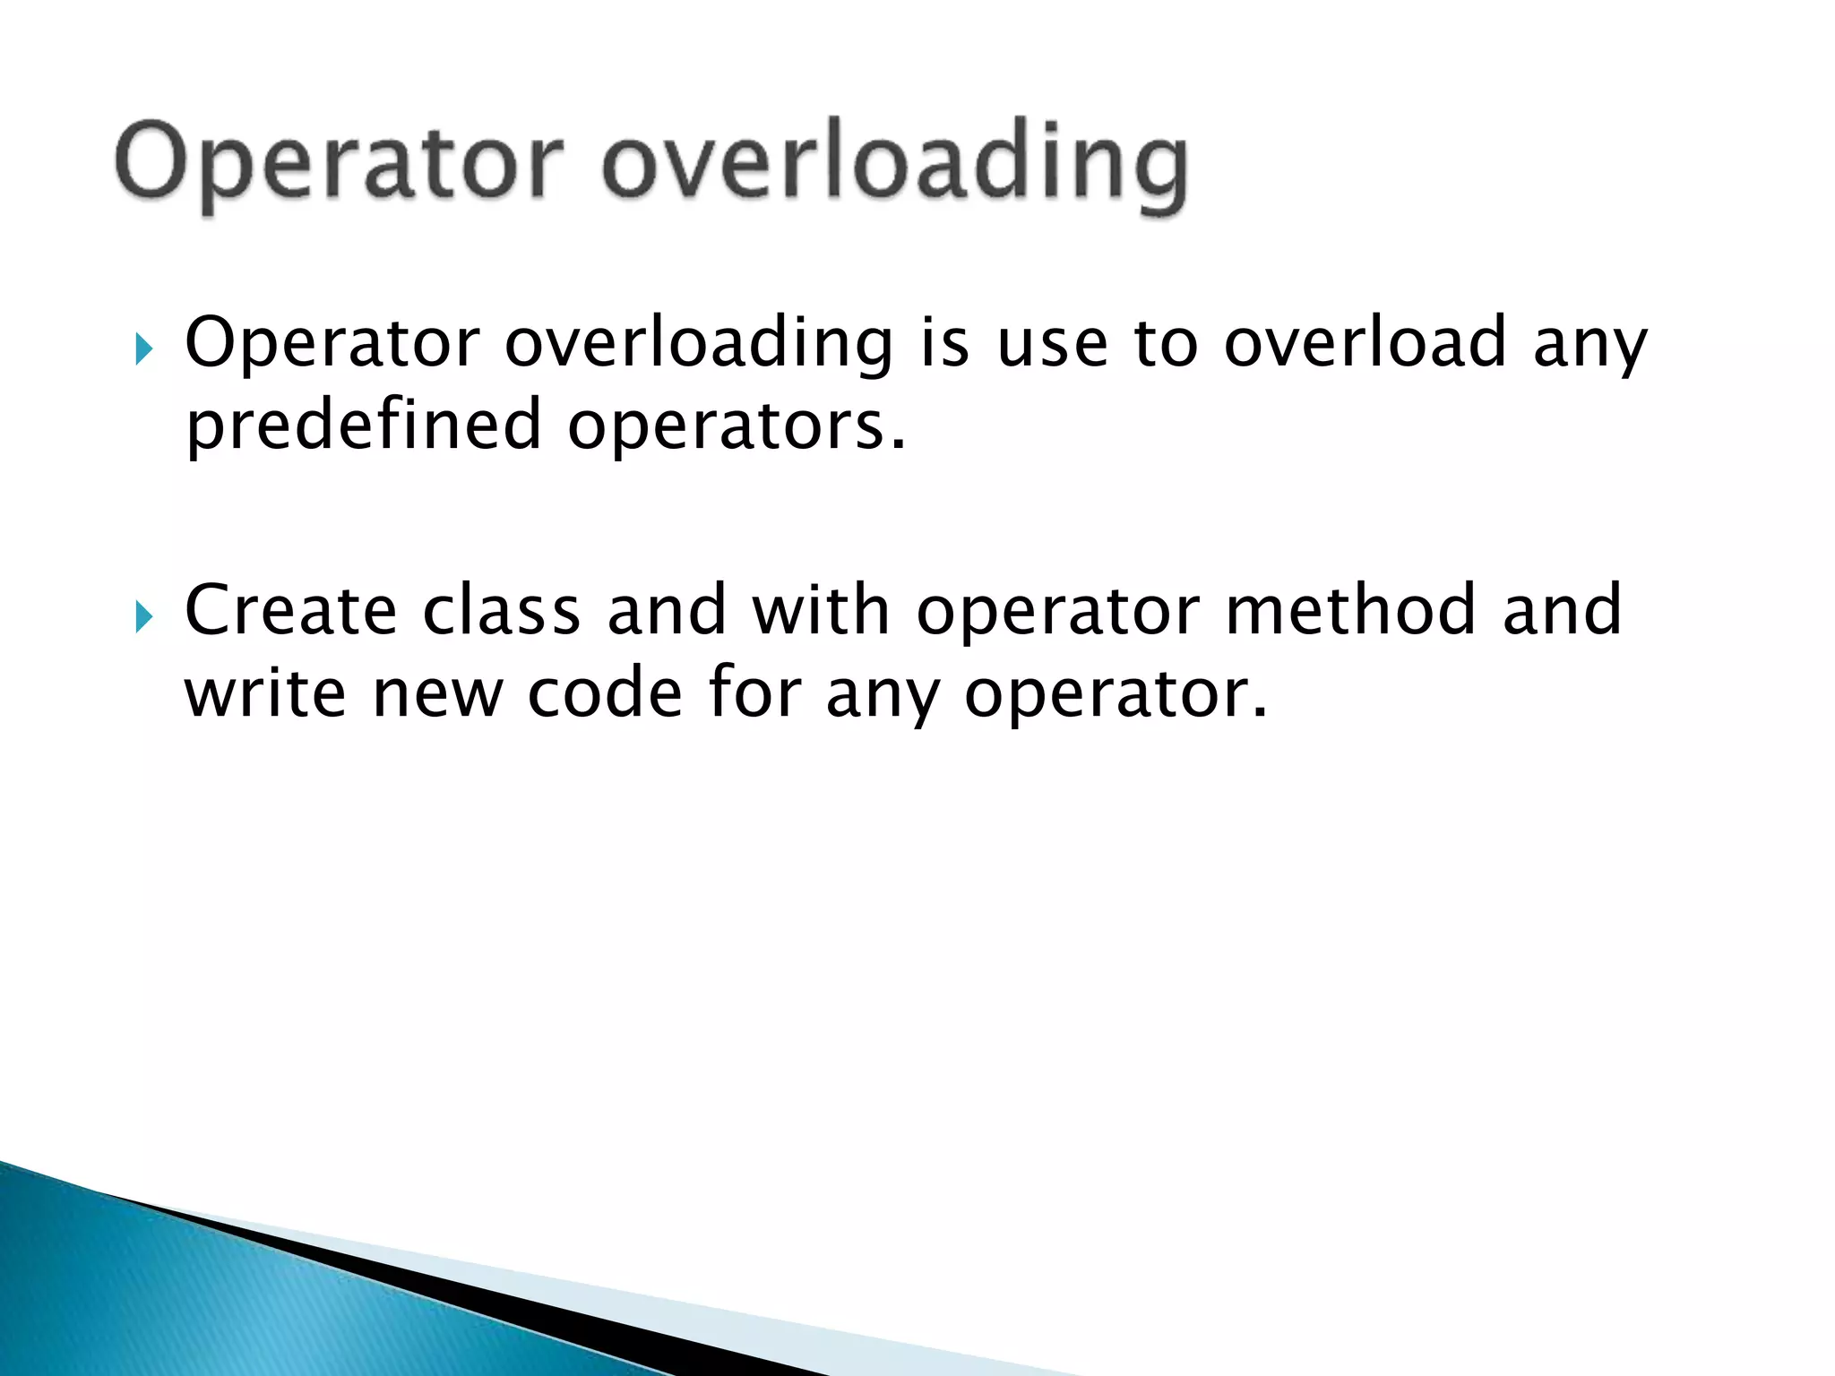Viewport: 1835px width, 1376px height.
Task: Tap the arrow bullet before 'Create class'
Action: click(143, 615)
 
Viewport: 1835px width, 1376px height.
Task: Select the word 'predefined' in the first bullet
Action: click(364, 426)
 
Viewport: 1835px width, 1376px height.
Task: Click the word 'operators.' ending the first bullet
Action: click(737, 426)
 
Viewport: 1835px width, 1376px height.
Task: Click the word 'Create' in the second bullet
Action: click(290, 611)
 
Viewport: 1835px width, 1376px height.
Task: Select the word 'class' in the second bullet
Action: click(501, 611)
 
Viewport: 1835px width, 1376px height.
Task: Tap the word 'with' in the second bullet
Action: click(821, 611)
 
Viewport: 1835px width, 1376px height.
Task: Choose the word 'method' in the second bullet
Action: click(1349, 611)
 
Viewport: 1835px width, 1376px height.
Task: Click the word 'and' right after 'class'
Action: click(666, 611)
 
